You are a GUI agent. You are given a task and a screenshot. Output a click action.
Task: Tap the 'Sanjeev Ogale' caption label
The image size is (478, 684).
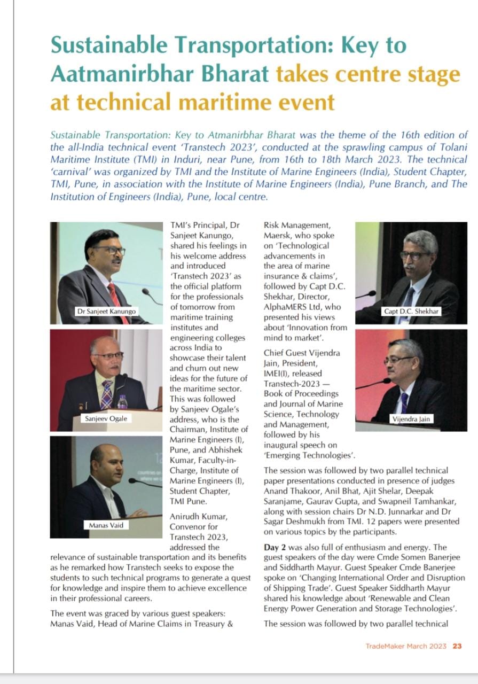pyautogui.click(x=106, y=418)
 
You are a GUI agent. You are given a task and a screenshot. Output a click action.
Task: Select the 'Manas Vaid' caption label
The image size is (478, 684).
pyautogui.click(x=106, y=525)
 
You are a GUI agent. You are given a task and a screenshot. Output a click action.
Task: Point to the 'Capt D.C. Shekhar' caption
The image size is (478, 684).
pyautogui.click(x=412, y=311)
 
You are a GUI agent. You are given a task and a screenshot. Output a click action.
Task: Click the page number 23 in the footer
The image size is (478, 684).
pyautogui.click(x=457, y=646)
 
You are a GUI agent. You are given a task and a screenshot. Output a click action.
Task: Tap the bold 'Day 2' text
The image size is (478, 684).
pyautogui.click(x=276, y=547)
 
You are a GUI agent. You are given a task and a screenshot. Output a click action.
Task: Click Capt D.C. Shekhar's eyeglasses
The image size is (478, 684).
pyautogui.click(x=415, y=255)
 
